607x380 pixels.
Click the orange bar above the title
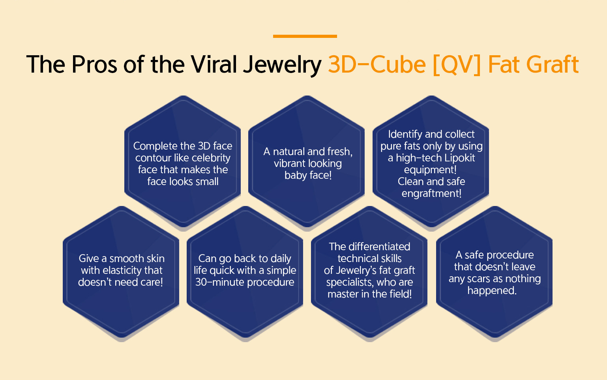(x=305, y=36)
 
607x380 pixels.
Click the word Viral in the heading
(x=214, y=64)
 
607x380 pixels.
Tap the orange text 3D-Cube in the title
(x=377, y=64)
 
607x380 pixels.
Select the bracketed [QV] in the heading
(x=457, y=65)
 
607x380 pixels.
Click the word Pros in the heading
(x=95, y=64)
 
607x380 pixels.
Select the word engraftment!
(x=431, y=193)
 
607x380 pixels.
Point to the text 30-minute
(x=219, y=282)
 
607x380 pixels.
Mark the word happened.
(x=492, y=290)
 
